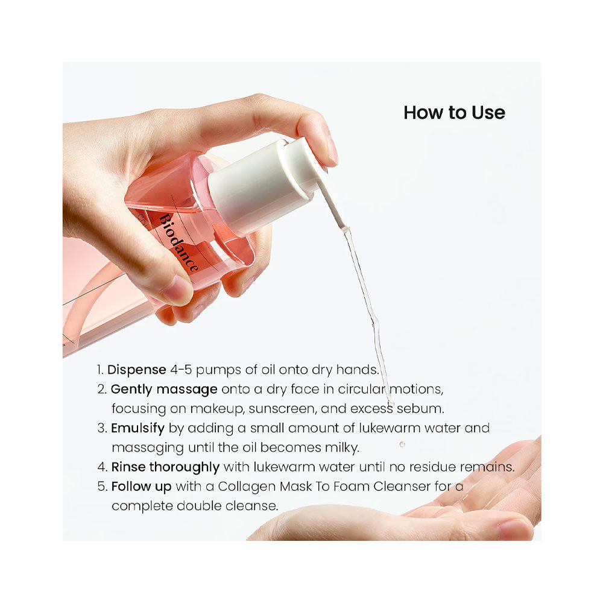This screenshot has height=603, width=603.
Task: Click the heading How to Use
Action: [x=454, y=113]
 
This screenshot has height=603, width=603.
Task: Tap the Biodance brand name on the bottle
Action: [x=179, y=243]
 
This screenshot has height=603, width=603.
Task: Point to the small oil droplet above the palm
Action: [x=402, y=444]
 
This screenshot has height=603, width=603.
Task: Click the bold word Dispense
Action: [x=136, y=370]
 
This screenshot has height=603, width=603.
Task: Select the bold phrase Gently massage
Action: [x=164, y=390]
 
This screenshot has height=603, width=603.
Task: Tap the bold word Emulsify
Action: [x=137, y=428]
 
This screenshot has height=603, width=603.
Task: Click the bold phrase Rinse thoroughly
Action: [x=165, y=467]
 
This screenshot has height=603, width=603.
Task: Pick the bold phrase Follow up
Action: [x=141, y=487]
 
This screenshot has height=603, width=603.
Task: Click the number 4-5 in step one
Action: [x=181, y=370]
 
